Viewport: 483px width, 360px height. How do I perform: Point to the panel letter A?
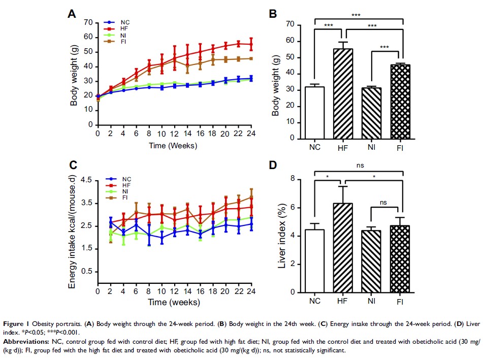(x=72, y=14)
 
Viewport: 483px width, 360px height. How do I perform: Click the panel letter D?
(x=273, y=166)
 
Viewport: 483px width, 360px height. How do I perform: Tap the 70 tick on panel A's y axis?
(x=89, y=22)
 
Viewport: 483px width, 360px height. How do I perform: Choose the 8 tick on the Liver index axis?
(x=292, y=179)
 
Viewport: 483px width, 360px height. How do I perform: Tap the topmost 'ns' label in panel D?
(x=360, y=165)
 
